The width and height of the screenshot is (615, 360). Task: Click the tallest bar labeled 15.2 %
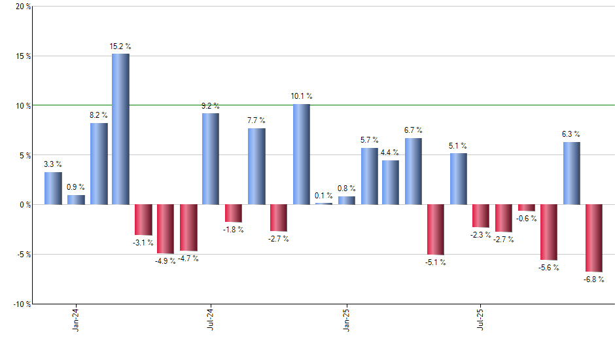click(120, 129)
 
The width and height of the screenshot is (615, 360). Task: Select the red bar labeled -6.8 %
click(594, 238)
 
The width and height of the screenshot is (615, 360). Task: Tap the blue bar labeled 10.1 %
click(302, 154)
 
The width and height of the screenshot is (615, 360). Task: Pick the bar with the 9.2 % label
click(211, 159)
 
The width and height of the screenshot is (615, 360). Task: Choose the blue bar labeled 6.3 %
click(571, 173)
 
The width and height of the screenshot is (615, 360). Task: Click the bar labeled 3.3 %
click(53, 189)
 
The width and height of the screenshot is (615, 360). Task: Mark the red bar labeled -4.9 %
click(166, 229)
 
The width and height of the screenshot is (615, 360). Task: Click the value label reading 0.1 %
click(324, 196)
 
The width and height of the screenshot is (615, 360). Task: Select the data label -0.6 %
click(526, 219)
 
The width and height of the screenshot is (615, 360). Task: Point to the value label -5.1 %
click(436, 262)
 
